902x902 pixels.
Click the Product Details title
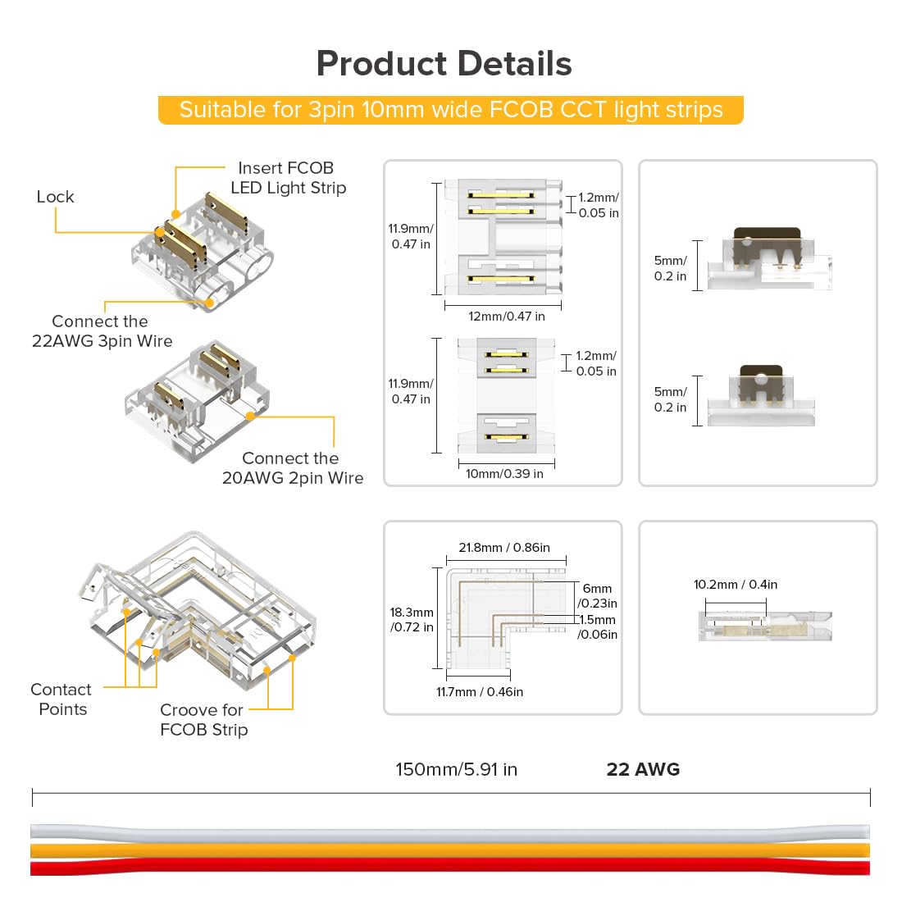[444, 64]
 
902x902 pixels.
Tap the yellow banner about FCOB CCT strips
[450, 110]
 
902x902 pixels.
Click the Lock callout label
[55, 197]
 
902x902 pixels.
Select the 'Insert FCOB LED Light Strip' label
[287, 178]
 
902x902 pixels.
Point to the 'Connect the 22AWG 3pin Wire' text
[102, 331]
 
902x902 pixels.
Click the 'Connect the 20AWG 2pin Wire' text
[292, 468]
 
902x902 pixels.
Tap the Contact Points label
[61, 699]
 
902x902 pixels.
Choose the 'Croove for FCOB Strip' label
[203, 720]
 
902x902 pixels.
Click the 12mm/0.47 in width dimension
[506, 317]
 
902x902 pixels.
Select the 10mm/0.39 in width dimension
[504, 474]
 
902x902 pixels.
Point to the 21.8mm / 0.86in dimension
[503, 548]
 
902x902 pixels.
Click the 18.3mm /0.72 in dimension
[412, 620]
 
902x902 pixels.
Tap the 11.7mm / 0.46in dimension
[479, 692]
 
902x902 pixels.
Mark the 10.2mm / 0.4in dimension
[735, 585]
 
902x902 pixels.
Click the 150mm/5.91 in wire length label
[456, 769]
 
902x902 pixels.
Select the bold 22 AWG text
[643, 769]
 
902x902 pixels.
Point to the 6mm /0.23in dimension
[598, 596]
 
